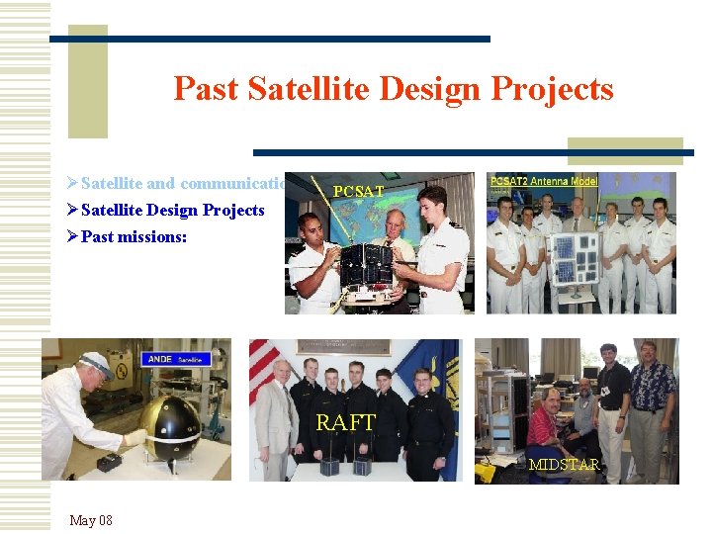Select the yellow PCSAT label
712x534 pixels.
coord(359,191)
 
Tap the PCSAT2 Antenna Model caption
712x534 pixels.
coord(542,181)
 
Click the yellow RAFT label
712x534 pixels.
coord(345,423)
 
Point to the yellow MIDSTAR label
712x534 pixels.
coord(564,464)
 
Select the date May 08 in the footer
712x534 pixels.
coord(91,520)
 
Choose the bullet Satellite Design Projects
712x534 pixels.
coord(172,210)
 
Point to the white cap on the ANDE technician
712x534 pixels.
coord(96,362)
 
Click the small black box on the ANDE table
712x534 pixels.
coord(110,461)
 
